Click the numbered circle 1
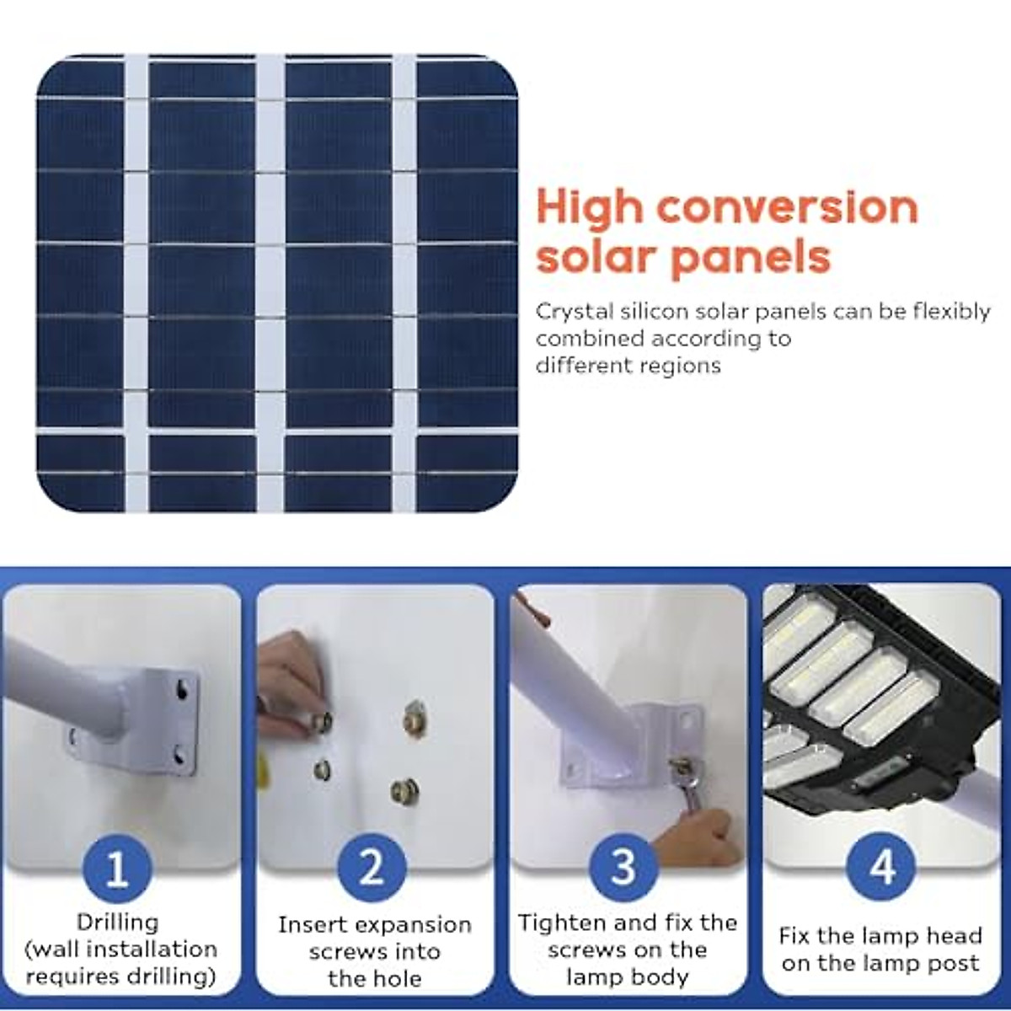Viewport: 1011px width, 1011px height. coord(118,868)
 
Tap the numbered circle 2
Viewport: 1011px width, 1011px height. coord(372,868)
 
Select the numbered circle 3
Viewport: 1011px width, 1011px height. coord(624,868)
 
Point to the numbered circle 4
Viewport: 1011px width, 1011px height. coord(880,868)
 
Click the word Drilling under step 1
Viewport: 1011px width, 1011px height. coord(118,923)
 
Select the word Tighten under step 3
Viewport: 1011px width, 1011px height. coord(561,923)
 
